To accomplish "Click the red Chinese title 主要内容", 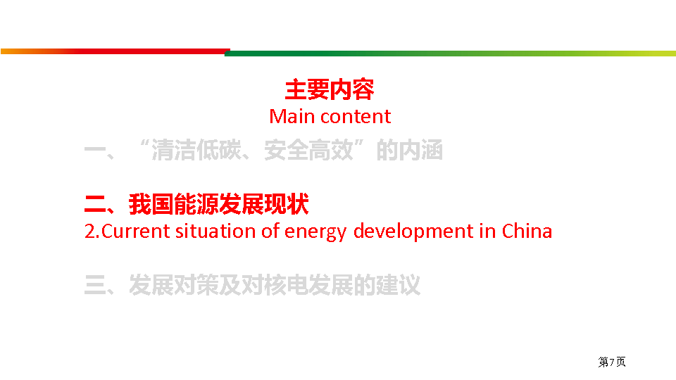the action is pos(330,89).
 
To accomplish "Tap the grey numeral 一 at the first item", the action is pos(95,151).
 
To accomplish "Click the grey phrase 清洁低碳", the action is pos(196,151).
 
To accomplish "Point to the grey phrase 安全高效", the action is pos(308,151).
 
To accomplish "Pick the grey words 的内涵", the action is pos(410,151).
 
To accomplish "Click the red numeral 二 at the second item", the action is pos(95,204).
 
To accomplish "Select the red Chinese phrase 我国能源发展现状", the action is pos(218,204).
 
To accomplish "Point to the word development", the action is pos(413,232).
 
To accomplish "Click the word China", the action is pos(527,232).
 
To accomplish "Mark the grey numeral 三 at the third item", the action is pos(95,285).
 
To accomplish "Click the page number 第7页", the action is pos(612,362).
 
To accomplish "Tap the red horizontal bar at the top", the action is pos(115,51).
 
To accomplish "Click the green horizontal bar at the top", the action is pos(450,53).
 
